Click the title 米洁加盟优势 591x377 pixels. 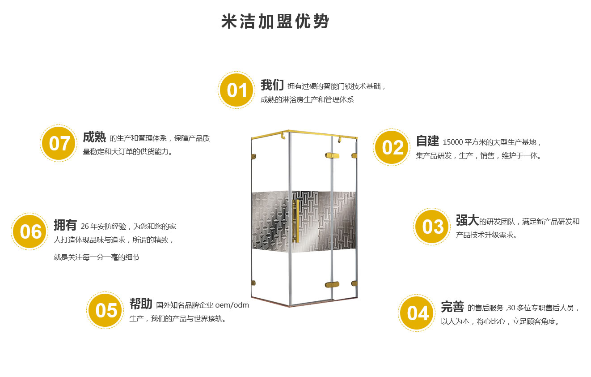point(275,21)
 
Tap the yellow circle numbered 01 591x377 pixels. point(236,90)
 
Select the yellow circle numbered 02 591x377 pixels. point(392,147)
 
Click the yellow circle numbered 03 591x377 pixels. point(432,227)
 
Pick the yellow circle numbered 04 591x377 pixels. point(417,313)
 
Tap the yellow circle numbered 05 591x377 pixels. point(105,310)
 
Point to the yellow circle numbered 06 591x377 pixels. point(30,231)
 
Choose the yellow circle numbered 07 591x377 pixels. point(59,143)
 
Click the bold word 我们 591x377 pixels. point(272,85)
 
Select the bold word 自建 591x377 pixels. point(427,141)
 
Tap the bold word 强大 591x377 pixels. point(467,220)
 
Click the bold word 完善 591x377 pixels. point(452,307)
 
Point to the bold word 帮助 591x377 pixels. point(141,304)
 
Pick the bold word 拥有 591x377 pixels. point(65,225)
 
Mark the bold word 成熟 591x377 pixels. point(94,137)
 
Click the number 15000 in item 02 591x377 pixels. point(453,142)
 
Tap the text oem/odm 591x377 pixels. point(232,305)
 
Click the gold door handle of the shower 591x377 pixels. point(296,221)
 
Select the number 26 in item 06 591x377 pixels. point(84,227)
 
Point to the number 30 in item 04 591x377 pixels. point(511,308)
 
